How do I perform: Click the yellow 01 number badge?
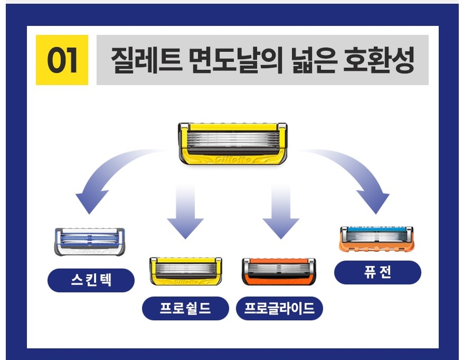[61, 60]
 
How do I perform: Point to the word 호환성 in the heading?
[376, 60]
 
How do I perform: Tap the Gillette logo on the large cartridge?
[232, 160]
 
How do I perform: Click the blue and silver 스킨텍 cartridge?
[89, 241]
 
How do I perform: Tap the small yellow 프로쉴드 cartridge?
[185, 271]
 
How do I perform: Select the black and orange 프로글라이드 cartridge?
[279, 271]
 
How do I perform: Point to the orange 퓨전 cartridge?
[376, 239]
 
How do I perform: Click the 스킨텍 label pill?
[91, 280]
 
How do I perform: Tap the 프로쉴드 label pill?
[185, 309]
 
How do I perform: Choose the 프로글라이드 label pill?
[279, 309]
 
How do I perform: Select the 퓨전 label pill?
[377, 272]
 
